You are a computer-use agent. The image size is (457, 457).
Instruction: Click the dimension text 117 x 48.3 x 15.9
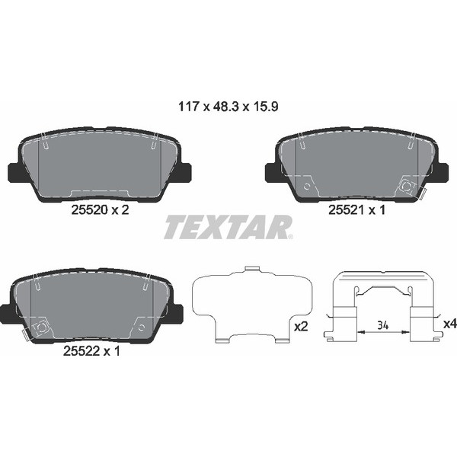228,107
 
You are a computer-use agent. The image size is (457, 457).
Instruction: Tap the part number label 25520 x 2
100,210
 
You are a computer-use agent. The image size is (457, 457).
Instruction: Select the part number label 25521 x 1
356,210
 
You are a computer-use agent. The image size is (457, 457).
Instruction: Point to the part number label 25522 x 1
91,351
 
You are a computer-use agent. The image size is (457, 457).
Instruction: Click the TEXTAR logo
228,227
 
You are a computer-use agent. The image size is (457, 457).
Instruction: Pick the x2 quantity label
301,327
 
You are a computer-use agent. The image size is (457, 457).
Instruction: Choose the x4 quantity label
449,324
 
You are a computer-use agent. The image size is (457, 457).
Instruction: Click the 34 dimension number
382,325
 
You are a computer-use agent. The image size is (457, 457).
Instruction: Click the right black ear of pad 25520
185,173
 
